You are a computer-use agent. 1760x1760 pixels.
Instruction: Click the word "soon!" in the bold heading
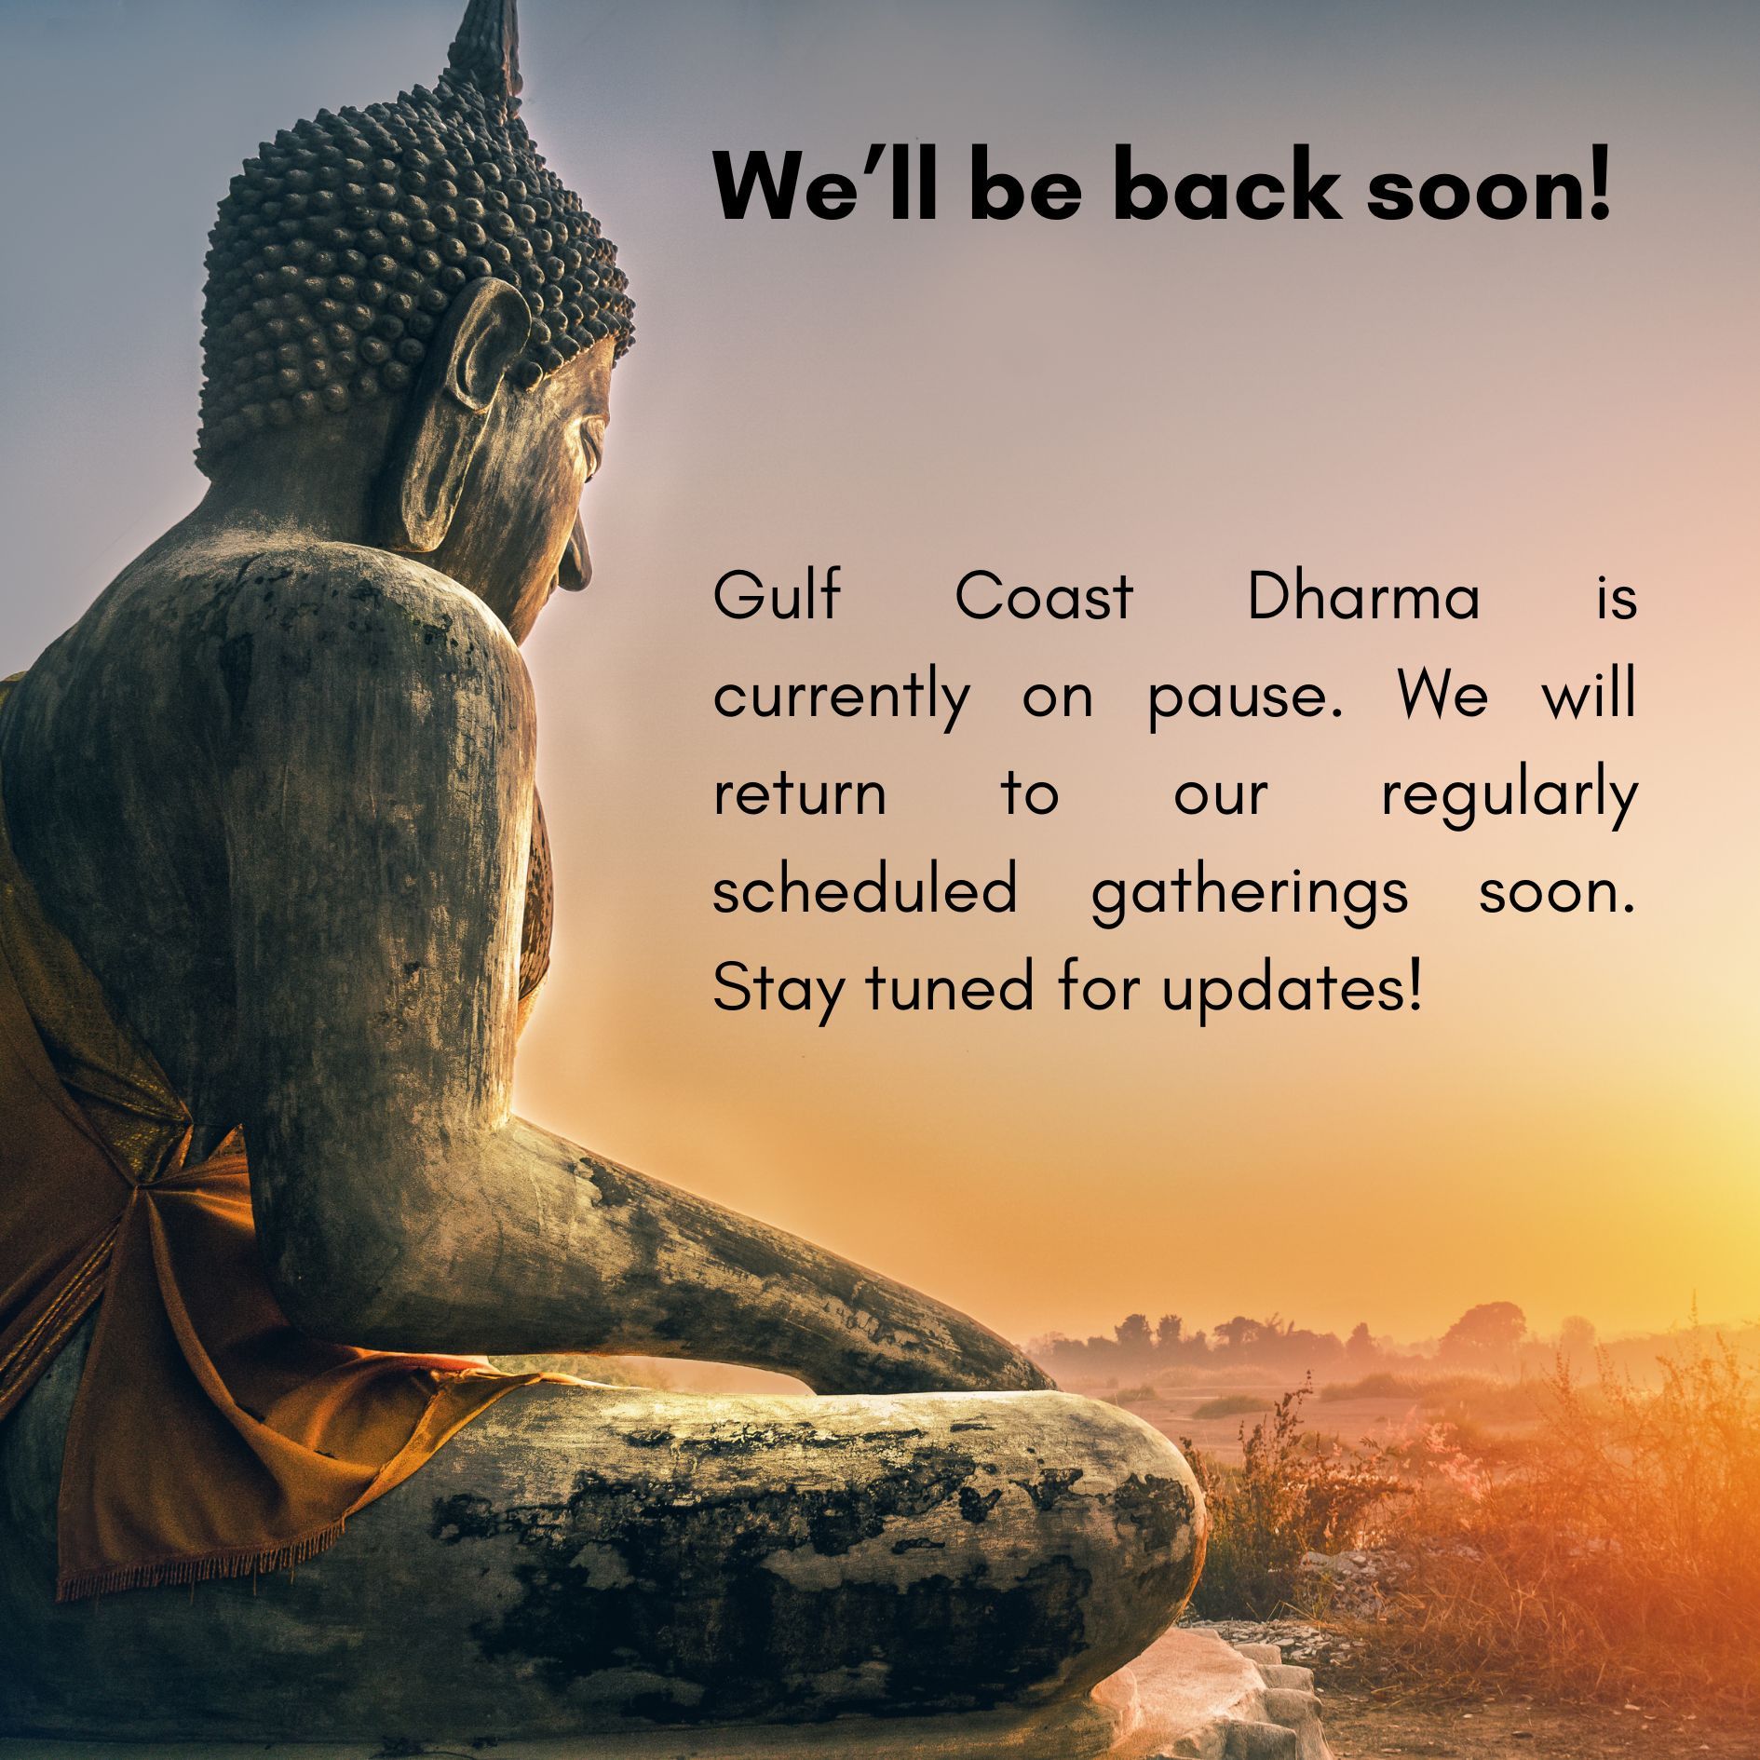1487,185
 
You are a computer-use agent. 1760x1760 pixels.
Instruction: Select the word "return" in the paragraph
800,794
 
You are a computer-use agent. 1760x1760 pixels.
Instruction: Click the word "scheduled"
865,891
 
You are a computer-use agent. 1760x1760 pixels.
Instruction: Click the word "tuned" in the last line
950,990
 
